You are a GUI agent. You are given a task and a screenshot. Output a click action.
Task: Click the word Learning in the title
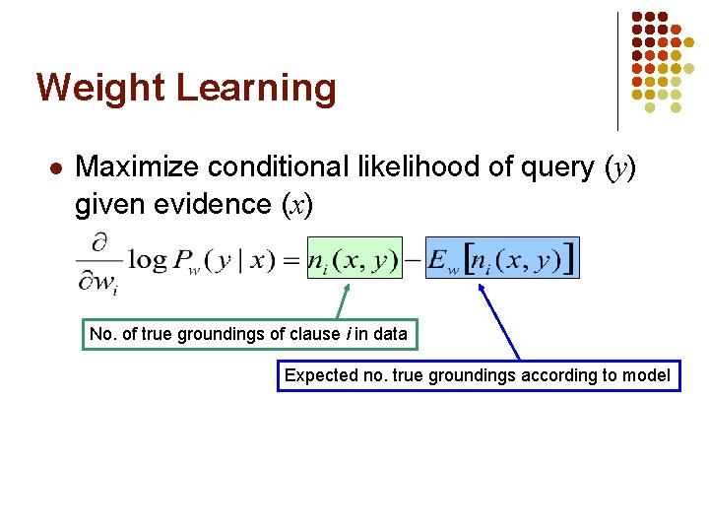[x=256, y=89]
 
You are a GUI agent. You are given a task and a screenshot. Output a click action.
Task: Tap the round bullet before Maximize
[x=55, y=168]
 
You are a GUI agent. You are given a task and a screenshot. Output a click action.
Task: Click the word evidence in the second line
[x=223, y=205]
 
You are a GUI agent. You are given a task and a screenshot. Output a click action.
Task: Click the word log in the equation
[x=148, y=259]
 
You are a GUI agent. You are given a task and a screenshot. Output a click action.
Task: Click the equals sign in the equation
[x=290, y=260]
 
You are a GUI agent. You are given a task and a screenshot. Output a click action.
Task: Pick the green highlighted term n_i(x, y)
[x=354, y=259]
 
